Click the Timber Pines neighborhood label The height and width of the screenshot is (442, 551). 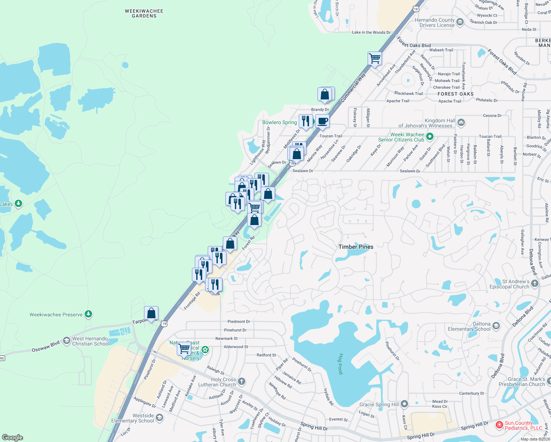356,247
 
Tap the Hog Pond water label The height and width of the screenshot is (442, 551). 340,364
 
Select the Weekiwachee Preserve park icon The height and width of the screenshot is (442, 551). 88,314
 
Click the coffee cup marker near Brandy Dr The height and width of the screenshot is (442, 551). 322,121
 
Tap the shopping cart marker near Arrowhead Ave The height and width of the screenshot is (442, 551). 375,58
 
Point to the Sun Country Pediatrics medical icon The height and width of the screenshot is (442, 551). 499,425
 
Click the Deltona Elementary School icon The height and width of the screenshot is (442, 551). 496,326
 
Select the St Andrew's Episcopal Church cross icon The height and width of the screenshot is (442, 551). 535,284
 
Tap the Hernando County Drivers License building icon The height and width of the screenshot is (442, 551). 460,22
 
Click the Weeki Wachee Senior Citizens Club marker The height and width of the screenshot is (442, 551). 429,137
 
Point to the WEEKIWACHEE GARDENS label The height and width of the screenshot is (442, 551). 144,14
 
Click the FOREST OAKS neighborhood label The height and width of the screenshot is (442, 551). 456,94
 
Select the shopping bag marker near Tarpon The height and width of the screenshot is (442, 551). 151,313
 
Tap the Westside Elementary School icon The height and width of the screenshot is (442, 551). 159,417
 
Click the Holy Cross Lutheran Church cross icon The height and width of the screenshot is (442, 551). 242,381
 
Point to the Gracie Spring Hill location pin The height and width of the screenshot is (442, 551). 404,404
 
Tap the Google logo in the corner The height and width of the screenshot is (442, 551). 13,437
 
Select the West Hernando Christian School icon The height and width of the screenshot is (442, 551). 66,340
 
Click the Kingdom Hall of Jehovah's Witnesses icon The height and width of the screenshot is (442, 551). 461,122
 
